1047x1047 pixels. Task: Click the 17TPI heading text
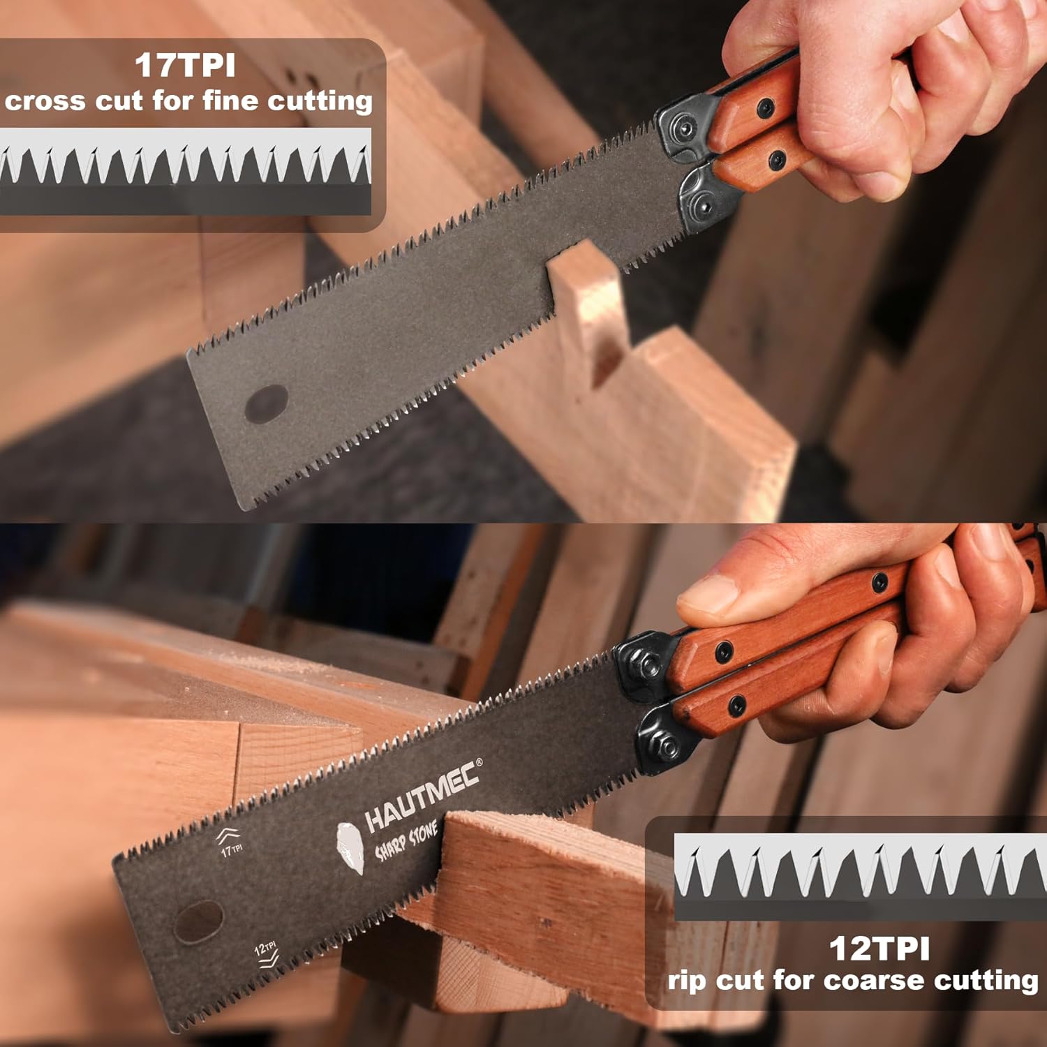[185, 66]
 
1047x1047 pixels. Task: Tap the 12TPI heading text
[879, 949]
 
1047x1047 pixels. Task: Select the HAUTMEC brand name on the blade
[423, 796]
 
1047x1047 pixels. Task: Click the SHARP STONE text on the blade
[407, 841]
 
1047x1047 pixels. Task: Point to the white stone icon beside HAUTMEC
[350, 847]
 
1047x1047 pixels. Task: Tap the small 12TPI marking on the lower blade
[265, 948]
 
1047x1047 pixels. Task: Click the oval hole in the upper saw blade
[267, 403]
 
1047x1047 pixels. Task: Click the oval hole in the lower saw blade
[198, 921]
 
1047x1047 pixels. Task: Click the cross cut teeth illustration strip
[186, 172]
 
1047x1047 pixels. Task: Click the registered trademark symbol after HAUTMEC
[478, 762]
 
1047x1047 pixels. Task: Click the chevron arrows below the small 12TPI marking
[268, 962]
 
